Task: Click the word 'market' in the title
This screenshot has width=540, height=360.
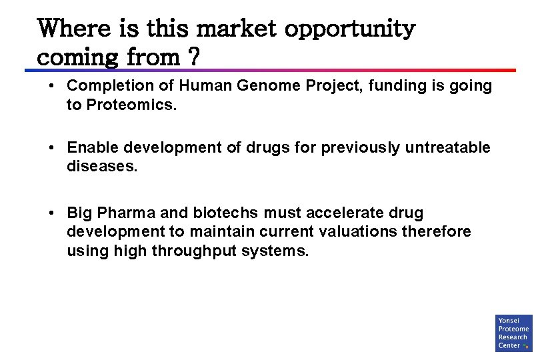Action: (x=236, y=29)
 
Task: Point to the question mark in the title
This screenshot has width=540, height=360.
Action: (x=193, y=58)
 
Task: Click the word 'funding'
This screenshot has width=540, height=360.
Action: (x=369, y=86)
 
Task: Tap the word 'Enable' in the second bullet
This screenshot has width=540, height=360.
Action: (x=92, y=147)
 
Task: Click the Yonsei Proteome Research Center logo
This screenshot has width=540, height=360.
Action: (x=513, y=333)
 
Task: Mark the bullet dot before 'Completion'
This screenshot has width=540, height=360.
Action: (x=51, y=86)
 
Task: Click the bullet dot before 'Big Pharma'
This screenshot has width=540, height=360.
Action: (x=51, y=213)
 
